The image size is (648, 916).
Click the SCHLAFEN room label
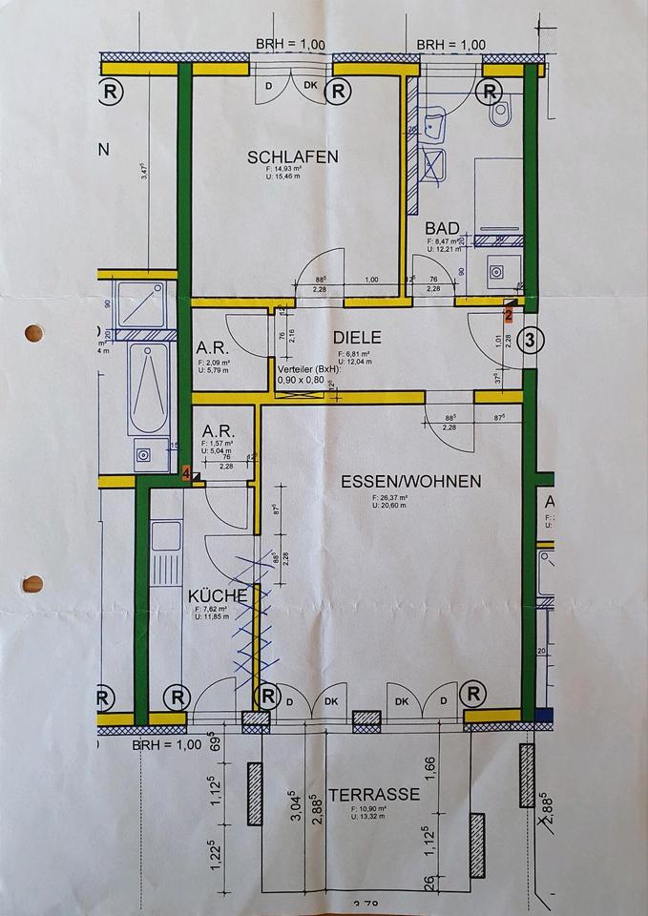[293, 157]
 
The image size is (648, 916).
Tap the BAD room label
[443, 229]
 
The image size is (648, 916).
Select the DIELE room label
[358, 337]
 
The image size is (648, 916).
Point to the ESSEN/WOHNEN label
[411, 481]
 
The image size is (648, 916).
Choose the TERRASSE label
[374, 794]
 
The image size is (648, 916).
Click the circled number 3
[533, 338]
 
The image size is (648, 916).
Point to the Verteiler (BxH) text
[309, 368]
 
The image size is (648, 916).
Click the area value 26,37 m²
[390, 497]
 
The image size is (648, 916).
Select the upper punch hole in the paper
[33, 334]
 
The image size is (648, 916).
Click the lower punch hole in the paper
[33, 583]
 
